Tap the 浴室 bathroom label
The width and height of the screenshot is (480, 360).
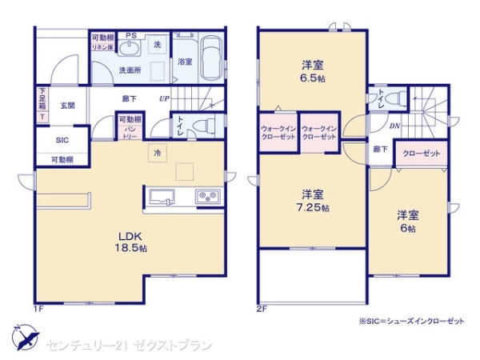[184, 62]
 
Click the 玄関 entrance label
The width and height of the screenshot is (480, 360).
[67, 105]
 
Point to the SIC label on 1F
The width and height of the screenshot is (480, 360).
[62, 139]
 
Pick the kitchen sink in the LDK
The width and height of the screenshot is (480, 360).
[158, 196]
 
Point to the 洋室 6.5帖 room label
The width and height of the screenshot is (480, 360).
[313, 71]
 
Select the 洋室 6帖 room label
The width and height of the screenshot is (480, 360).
[408, 220]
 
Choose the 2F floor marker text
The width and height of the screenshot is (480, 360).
[261, 308]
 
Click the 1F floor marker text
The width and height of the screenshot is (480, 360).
[37, 308]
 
